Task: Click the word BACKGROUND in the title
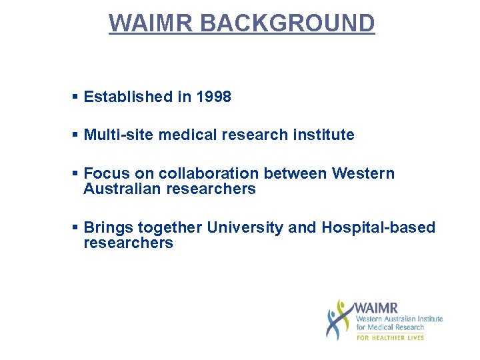(287, 23)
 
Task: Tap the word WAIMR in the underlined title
(151, 23)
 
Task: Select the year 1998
(214, 97)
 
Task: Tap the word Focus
(107, 174)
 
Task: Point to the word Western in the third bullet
(363, 174)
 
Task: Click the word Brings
(109, 227)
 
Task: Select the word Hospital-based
(378, 227)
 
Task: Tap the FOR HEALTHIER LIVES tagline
(390, 338)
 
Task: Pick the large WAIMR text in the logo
(376, 308)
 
